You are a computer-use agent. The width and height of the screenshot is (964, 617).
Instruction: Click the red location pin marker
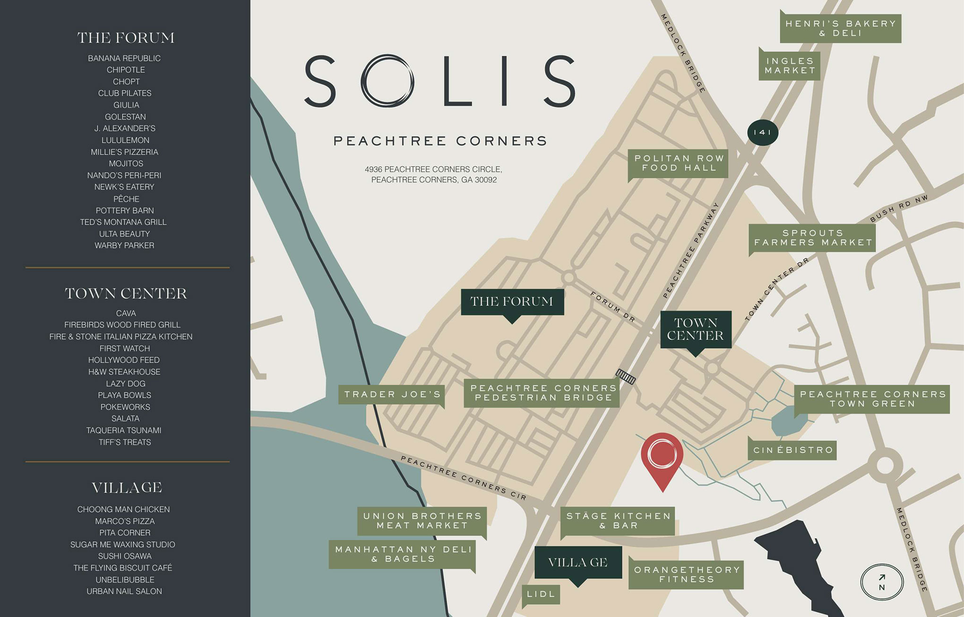pyautogui.click(x=662, y=456)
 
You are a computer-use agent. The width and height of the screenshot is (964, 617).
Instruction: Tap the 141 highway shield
pyautogui.click(x=762, y=132)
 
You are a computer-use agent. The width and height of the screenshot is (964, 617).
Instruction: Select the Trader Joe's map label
pyautogui.click(x=392, y=394)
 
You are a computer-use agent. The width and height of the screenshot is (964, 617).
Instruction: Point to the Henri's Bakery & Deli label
pyautogui.click(x=840, y=28)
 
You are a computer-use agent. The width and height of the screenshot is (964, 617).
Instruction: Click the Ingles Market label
pyautogui.click(x=790, y=66)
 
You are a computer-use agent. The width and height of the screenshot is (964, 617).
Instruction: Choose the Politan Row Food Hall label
pyautogui.click(x=679, y=163)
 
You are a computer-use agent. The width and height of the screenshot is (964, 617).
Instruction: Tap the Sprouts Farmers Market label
pyautogui.click(x=813, y=238)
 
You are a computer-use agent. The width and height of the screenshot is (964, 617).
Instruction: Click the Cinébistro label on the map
pyautogui.click(x=792, y=450)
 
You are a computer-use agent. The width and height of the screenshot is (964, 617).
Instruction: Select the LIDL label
pyautogui.click(x=541, y=594)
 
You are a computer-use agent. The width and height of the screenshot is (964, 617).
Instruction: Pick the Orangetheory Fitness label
pyautogui.click(x=687, y=574)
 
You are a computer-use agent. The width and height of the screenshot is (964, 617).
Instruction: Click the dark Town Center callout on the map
pyautogui.click(x=695, y=329)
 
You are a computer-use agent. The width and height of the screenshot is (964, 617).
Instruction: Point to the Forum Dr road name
pyautogui.click(x=613, y=307)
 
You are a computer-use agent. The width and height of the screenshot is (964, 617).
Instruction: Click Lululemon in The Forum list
pyautogui.click(x=125, y=140)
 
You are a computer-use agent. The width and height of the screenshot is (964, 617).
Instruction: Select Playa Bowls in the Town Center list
pyautogui.click(x=125, y=395)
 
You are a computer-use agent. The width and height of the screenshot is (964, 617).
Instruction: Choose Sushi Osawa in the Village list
pyautogui.click(x=125, y=556)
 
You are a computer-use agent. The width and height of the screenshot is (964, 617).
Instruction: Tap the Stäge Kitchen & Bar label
pyautogui.click(x=618, y=521)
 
